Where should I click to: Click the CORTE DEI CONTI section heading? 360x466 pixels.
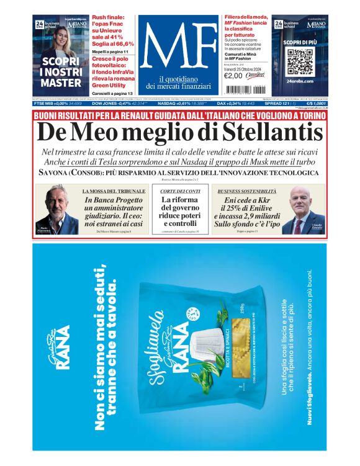(x=179, y=191)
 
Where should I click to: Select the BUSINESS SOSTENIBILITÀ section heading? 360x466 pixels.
(x=246, y=191)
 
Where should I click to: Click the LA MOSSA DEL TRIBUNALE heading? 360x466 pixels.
(x=115, y=191)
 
